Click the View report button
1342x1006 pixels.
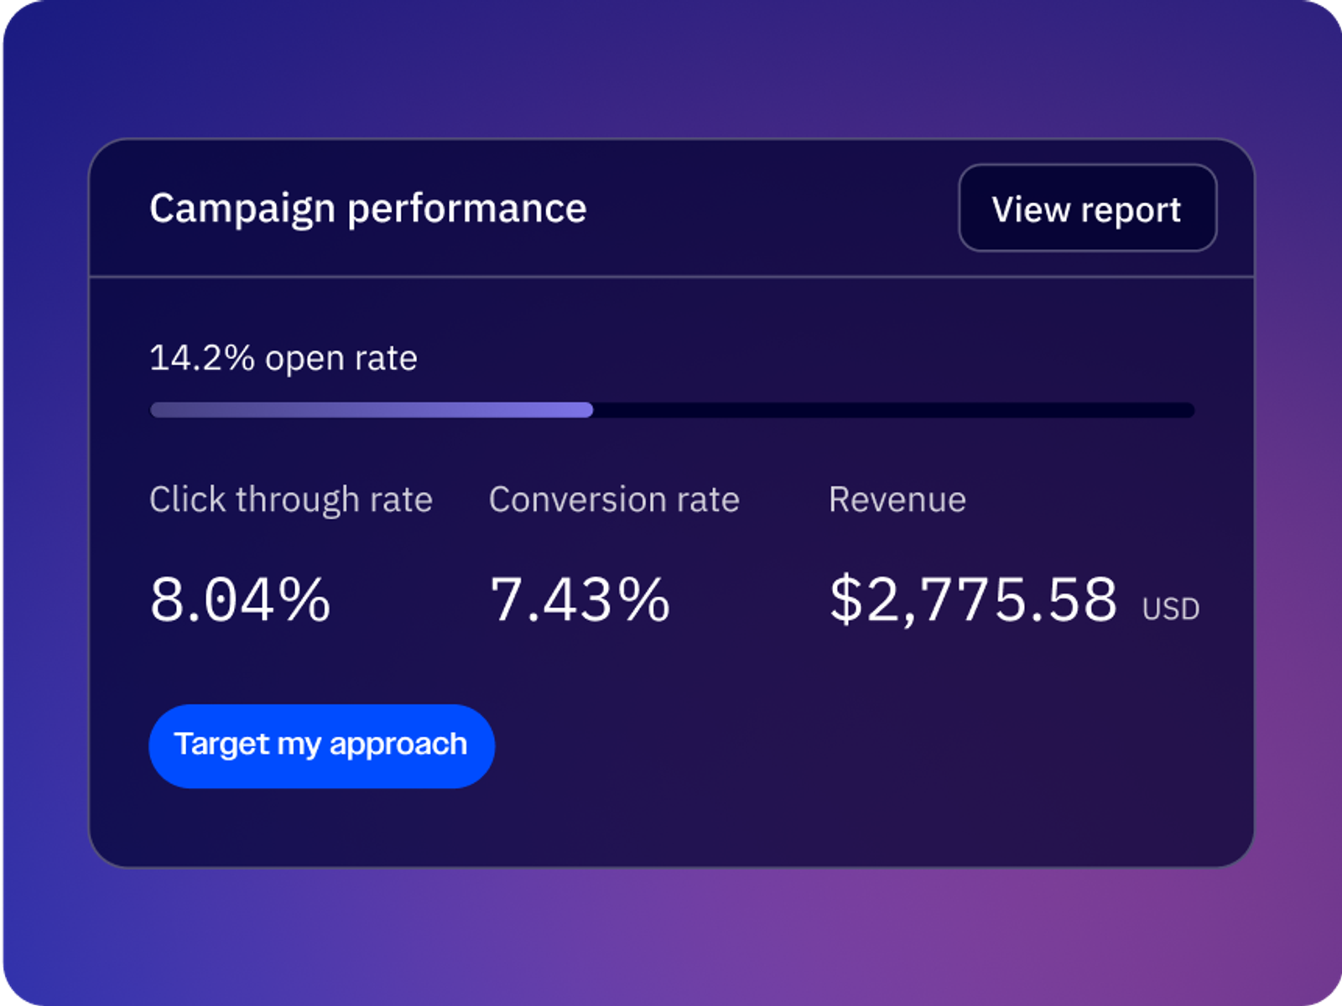click(1087, 208)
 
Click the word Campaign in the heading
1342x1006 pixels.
click(242, 209)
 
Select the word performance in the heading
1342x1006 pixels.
click(466, 209)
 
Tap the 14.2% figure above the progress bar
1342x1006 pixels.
click(201, 358)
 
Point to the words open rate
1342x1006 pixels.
click(341, 359)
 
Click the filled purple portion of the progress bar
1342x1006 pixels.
click(369, 410)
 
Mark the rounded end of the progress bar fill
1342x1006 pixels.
click(588, 410)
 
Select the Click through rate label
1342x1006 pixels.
click(290, 500)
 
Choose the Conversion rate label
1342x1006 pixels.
click(614, 500)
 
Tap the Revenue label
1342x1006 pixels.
click(897, 500)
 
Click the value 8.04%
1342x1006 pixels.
click(240, 599)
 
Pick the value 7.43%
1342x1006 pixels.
click(580, 599)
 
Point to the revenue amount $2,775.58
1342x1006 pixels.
click(973, 599)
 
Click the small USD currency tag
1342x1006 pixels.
click(1170, 609)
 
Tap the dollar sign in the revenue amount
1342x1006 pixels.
click(845, 599)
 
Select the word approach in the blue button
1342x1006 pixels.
click(398, 744)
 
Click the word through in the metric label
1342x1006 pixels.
click(297, 500)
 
